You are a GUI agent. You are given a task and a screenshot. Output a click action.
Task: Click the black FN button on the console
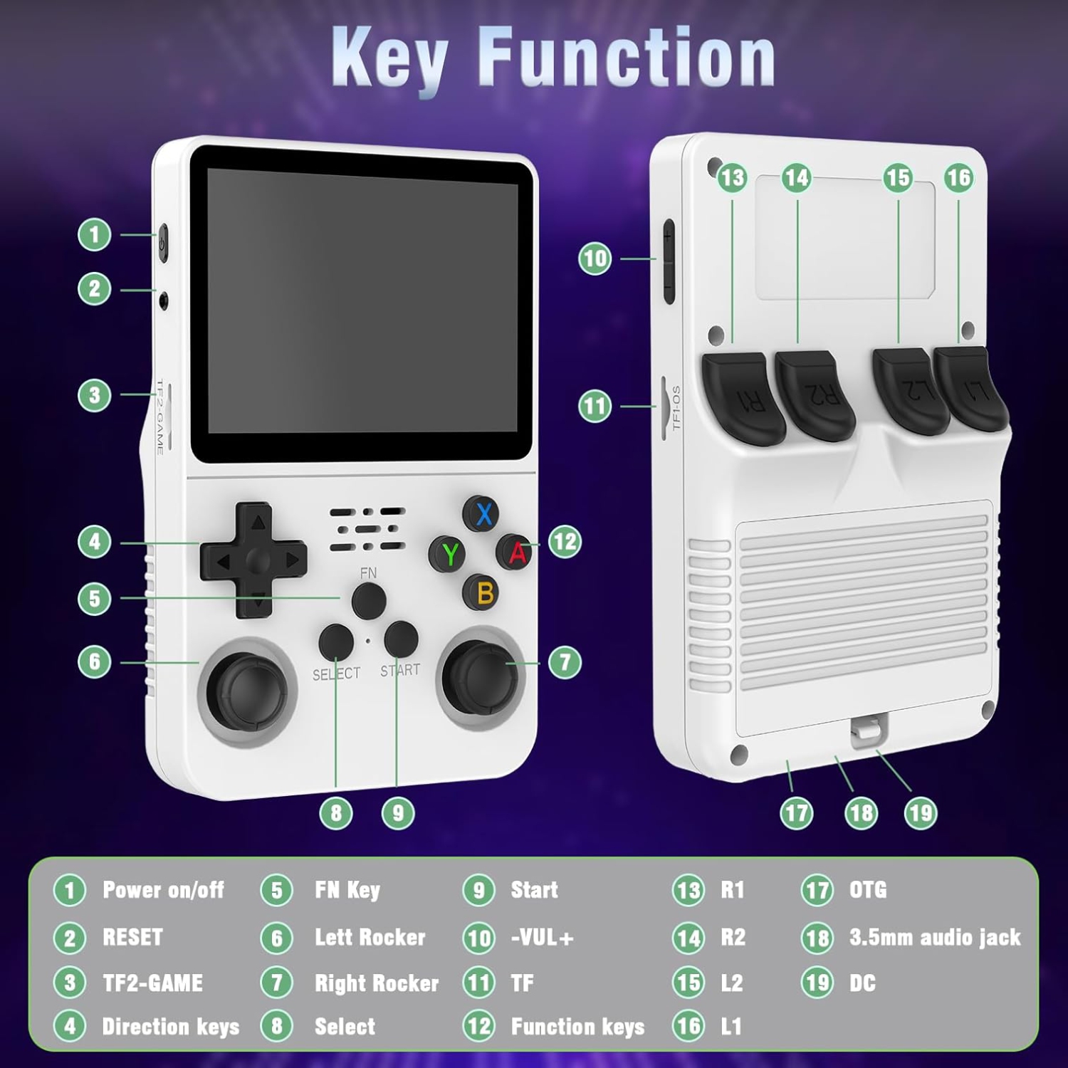point(369,600)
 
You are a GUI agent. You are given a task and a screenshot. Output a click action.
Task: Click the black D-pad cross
point(254,560)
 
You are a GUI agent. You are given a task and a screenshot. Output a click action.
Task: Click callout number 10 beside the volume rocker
point(595,258)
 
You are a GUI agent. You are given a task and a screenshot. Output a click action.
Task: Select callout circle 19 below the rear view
point(920,813)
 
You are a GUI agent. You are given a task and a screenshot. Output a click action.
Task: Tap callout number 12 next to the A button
point(565,542)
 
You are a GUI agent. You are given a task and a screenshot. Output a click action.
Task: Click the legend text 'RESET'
point(132,937)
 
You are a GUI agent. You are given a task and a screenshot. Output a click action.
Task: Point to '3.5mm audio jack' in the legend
point(935,937)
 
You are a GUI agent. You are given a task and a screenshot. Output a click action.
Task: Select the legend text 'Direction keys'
point(171,1026)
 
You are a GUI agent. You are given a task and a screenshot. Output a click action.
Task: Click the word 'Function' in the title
point(627,57)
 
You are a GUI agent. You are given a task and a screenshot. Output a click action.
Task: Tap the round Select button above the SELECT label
point(336,642)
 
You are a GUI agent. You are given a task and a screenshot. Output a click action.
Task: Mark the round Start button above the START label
point(401,639)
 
